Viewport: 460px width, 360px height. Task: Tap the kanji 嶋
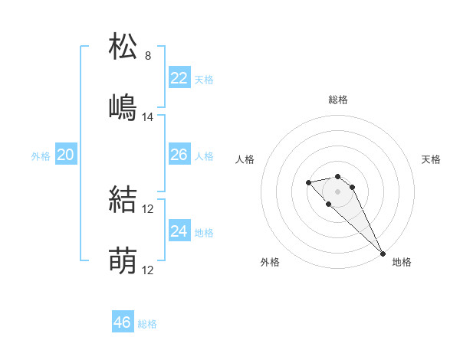123,107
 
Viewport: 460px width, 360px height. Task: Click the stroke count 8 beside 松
148,56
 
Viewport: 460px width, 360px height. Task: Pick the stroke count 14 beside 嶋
148,117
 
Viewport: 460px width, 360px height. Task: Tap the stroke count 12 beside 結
148,209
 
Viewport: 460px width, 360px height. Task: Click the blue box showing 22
179,77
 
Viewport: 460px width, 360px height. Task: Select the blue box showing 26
179,155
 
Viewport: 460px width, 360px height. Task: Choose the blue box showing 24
179,231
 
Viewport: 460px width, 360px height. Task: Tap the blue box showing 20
65,155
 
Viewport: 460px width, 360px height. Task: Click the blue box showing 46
122,322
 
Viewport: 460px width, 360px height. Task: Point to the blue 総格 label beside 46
147,324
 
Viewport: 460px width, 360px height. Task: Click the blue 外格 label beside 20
41,156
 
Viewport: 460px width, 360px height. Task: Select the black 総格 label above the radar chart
338,100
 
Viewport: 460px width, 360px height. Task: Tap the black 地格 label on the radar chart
402,262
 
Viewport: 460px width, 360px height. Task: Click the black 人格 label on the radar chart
246,159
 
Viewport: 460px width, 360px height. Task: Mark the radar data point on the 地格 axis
383,254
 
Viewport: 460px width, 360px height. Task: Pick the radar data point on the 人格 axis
308,182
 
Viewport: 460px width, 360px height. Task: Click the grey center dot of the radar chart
338,191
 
